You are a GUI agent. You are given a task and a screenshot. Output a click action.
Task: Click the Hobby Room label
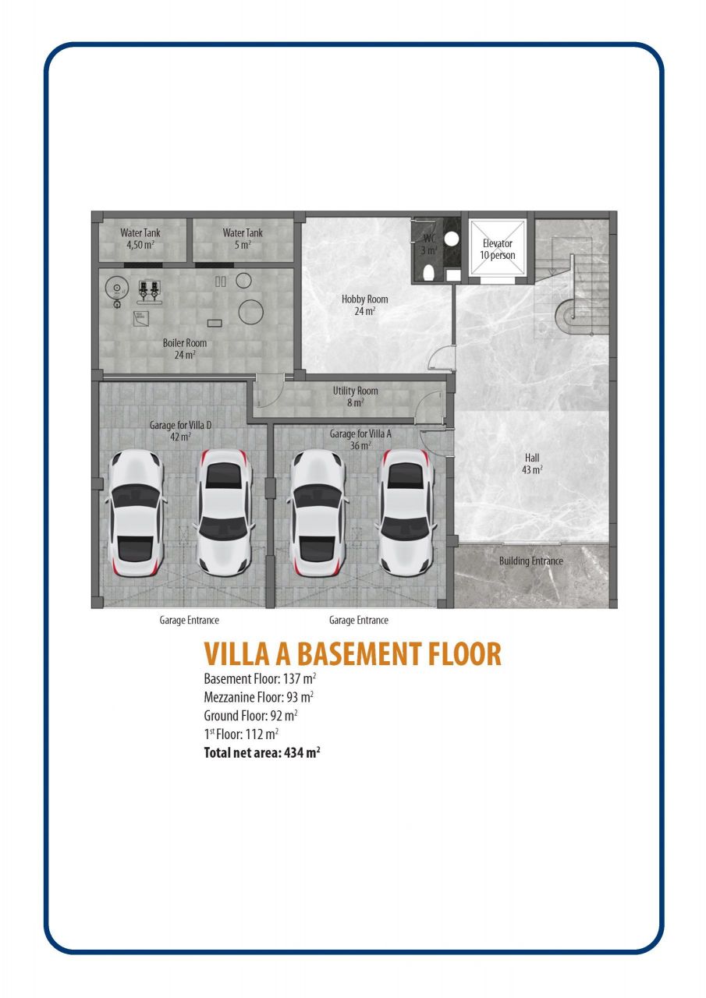tap(364, 305)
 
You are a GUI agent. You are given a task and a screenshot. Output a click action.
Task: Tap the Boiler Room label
tap(185, 349)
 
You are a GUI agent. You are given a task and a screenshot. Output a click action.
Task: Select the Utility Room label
tap(355, 396)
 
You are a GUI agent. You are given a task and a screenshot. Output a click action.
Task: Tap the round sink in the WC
tap(452, 239)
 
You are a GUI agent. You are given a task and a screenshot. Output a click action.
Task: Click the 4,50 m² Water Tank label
tap(140, 239)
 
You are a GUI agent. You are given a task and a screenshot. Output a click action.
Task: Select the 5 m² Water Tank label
tap(243, 239)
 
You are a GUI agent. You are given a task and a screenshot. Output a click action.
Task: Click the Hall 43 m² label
tap(532, 463)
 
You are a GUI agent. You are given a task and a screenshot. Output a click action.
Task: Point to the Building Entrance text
tap(530, 561)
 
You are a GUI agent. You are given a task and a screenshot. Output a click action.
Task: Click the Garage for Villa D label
tap(180, 430)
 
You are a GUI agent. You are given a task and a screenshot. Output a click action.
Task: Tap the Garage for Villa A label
tap(360, 439)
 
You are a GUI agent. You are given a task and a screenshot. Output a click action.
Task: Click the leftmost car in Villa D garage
tap(136, 513)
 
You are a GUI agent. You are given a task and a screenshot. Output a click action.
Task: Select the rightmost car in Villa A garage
tap(406, 512)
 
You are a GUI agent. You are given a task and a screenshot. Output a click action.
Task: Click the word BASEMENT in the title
tap(359, 654)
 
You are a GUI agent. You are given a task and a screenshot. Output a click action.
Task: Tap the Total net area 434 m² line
tap(262, 752)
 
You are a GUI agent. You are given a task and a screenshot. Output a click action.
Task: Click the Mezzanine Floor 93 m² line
tap(258, 697)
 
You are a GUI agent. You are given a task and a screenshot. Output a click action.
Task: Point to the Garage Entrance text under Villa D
tap(189, 620)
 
